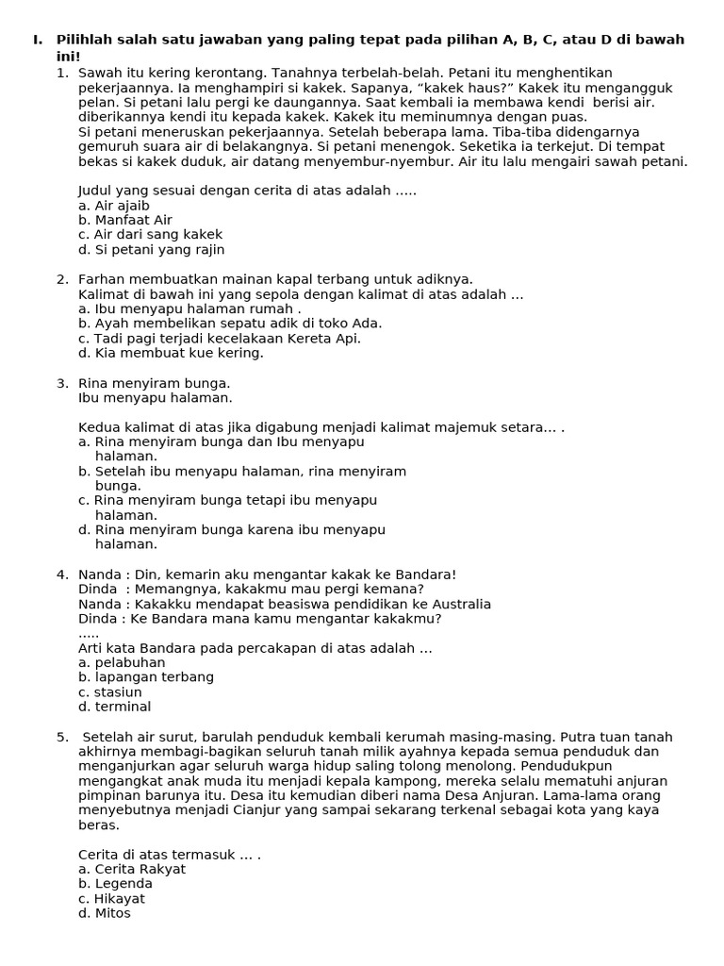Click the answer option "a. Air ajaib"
pos(114,206)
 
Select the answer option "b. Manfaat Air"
pos(125,221)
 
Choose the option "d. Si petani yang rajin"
pos(151,250)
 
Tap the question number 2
pos(62,279)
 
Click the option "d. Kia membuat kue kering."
pos(171,353)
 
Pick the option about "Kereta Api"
pos(220,339)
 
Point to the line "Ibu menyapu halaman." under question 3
pos(155,398)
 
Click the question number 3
pos(62,383)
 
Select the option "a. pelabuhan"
pos(122,663)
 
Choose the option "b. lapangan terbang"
pos(146,677)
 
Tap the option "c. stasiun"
pos(110,692)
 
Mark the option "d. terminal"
pos(114,707)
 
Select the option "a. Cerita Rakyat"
pos(132,870)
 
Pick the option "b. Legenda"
pos(115,884)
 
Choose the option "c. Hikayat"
pos(111,899)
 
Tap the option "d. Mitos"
pos(105,913)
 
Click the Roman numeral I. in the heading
pos(37,40)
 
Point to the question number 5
pos(62,737)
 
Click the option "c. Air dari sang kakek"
pos(151,235)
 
